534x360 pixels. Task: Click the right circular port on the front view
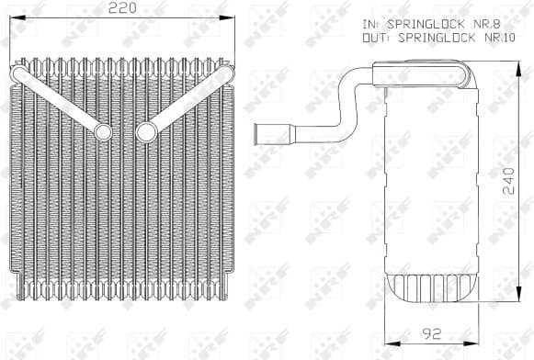(x=145, y=131)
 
